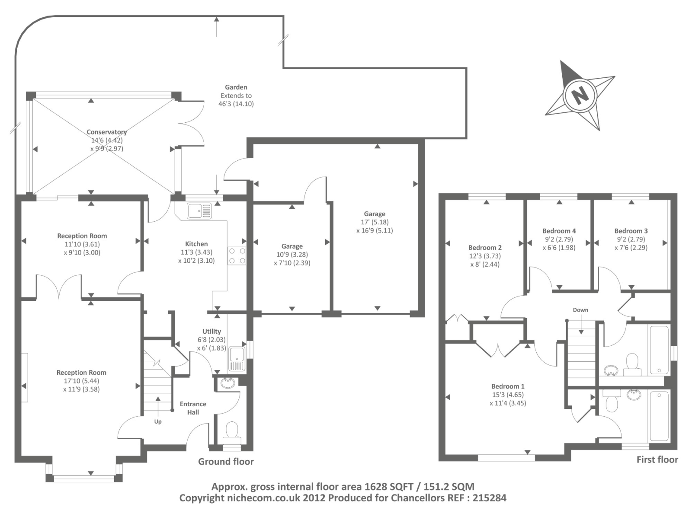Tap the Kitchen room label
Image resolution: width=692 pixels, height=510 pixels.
point(196,244)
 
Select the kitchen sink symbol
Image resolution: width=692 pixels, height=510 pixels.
point(199,210)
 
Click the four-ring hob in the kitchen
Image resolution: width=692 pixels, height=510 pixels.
point(237,256)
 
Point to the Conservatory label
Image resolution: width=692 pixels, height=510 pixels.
point(106,132)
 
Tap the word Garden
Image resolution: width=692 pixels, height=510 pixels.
point(236,87)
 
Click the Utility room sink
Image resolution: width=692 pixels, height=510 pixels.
point(237,359)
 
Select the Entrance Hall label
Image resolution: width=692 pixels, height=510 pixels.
point(193,408)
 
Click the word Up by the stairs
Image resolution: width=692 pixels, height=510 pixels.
point(158,422)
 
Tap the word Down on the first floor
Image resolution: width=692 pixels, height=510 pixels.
point(580,310)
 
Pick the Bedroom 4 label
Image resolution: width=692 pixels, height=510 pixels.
point(559,231)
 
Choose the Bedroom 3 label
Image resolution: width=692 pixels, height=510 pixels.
point(631,231)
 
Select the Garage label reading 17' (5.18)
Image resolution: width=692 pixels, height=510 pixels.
point(375,222)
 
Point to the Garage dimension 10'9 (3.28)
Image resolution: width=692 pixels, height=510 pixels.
point(292,255)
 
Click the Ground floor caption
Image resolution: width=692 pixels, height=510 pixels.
point(226,462)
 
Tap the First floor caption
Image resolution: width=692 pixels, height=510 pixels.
point(657,460)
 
